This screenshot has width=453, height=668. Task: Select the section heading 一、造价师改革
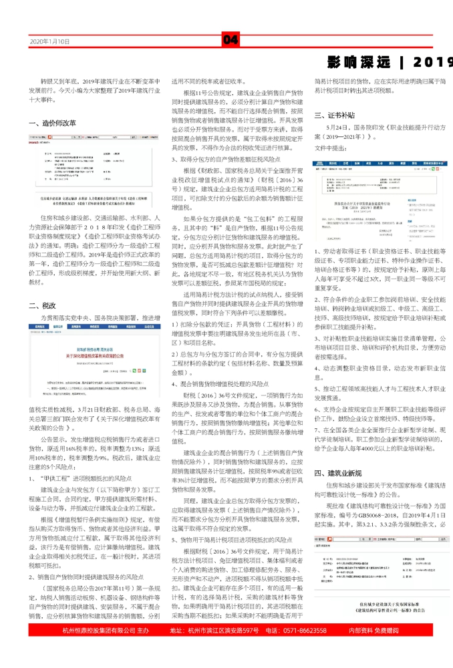coord(53,123)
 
